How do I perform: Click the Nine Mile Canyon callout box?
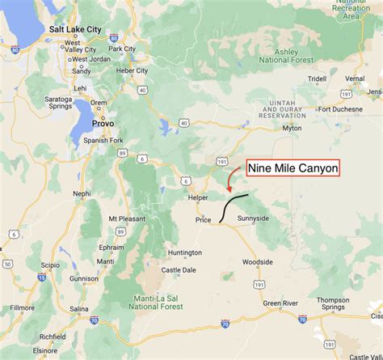[x=293, y=169]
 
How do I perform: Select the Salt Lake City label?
[x=75, y=29]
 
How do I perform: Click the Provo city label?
[x=103, y=123]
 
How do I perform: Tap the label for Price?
[x=203, y=219]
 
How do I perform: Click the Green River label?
[x=280, y=303]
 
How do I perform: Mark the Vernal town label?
[x=355, y=78]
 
